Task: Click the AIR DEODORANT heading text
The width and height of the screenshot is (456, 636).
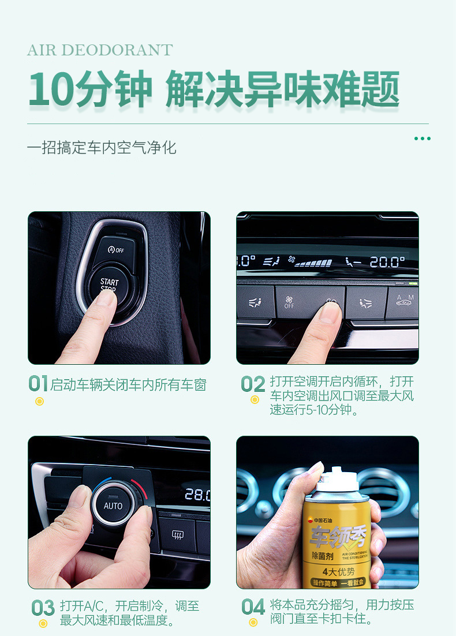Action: [x=100, y=50]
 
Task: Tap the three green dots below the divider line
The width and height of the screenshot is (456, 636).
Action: [x=423, y=139]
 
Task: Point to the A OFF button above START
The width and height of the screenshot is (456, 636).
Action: [x=116, y=250]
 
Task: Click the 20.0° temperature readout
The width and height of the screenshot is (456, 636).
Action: [x=387, y=262]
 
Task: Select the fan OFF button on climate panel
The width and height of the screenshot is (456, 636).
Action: [x=289, y=302]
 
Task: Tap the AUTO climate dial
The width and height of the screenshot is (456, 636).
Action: [x=113, y=506]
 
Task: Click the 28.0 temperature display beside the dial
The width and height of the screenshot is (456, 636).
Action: [x=197, y=495]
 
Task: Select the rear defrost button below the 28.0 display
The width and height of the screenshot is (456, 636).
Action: [x=177, y=534]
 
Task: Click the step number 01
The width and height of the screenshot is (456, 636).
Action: [x=38, y=383]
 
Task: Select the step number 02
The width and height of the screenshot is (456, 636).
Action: [x=253, y=384]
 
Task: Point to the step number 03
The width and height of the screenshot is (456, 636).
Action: [x=43, y=608]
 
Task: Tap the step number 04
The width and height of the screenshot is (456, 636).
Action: [x=253, y=607]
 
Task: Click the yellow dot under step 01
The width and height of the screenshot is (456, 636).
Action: [x=39, y=402]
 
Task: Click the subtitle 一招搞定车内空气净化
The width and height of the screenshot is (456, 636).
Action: [x=102, y=148]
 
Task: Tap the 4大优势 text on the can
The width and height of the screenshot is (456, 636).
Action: [x=338, y=571]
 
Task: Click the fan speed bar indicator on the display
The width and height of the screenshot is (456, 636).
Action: [x=313, y=263]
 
